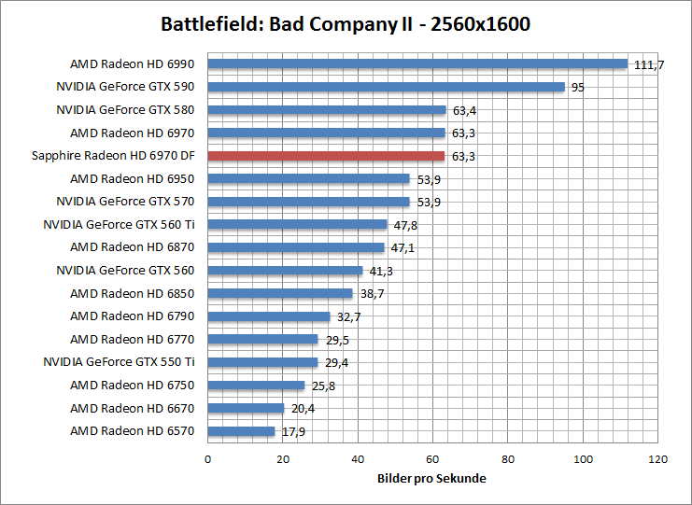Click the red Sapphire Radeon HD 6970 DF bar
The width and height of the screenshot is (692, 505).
tap(326, 156)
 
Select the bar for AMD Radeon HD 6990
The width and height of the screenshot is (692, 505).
tap(417, 64)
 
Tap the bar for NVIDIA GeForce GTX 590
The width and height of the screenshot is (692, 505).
tap(386, 87)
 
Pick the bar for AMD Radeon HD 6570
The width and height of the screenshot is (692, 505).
tap(241, 431)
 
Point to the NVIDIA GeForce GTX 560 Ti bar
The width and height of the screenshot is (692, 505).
tap(297, 224)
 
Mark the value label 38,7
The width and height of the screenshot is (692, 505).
tap(372, 293)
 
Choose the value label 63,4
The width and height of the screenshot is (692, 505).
tap(464, 110)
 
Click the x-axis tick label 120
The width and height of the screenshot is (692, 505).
tap(658, 459)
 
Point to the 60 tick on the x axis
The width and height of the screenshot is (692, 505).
tap(432, 459)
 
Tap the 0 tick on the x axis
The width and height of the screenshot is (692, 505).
tap(207, 459)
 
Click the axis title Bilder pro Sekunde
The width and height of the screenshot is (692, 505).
tap(432, 478)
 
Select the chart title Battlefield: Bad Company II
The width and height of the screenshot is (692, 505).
tap(346, 23)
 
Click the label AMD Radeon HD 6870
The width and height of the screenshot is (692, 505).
tap(132, 247)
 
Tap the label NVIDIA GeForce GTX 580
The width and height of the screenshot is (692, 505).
tap(125, 110)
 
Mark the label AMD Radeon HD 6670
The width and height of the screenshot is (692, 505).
tap(132, 408)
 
